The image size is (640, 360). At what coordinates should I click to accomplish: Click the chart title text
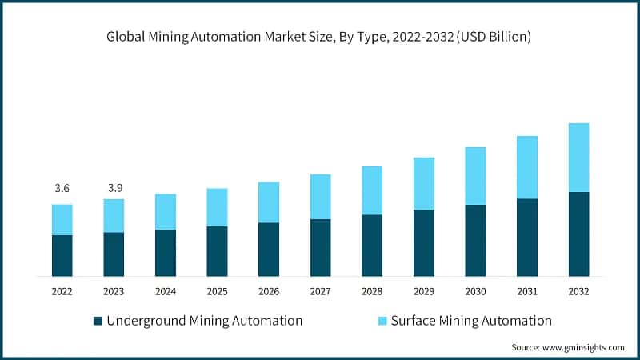coord(320,37)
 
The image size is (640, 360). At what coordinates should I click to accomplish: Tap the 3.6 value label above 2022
coord(62,188)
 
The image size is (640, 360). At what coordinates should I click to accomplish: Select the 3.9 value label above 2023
coord(114,188)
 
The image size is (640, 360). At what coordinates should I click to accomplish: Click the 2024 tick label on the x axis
coord(165,292)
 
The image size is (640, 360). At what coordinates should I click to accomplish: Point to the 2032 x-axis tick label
coord(578,292)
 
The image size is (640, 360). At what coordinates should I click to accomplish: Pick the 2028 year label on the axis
coord(371,292)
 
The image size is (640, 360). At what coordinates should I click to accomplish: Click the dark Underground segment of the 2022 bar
coord(62,255)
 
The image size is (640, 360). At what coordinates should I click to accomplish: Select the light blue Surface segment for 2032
coord(578,158)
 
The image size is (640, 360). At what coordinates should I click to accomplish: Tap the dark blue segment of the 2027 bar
coord(320,247)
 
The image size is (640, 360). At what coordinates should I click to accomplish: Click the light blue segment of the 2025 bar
coord(217,207)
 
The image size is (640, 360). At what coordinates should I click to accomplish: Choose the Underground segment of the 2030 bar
coord(475,240)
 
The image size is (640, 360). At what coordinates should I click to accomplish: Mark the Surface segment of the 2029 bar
coord(423,184)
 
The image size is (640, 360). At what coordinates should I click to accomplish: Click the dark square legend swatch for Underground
coord(98,321)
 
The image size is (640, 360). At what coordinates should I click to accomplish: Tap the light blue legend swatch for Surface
coord(382,321)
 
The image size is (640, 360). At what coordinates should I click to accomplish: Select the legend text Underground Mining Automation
coord(204,321)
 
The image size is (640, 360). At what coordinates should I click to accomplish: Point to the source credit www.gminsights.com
coord(568,347)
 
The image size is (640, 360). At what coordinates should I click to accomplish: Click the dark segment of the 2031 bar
coord(526,237)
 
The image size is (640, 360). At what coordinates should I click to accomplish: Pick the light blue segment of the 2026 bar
coord(268,202)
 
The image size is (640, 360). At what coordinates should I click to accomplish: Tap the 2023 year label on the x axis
coord(114,292)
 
